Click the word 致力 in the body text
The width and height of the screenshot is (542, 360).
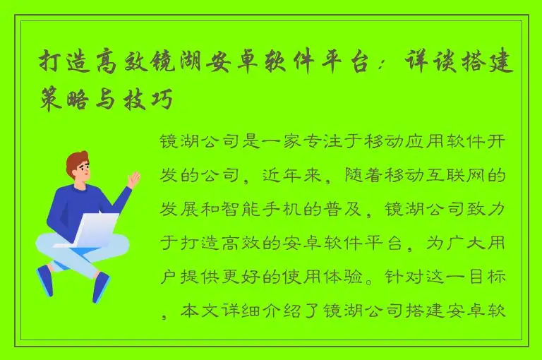[490, 208]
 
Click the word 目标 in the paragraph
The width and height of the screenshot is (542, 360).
[490, 276]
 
